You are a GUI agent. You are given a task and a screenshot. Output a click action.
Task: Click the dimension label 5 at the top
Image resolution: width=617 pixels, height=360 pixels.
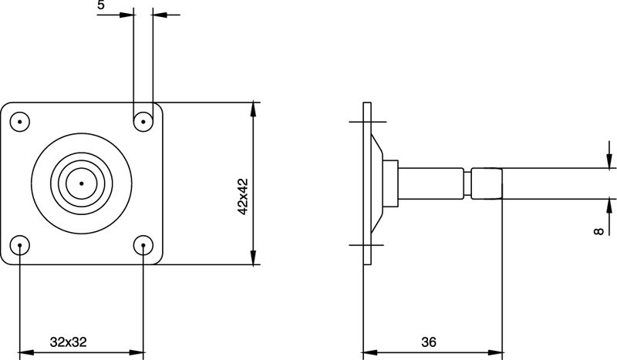[x=102, y=6]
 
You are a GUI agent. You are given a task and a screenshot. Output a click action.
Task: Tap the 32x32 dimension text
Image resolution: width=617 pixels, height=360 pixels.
[x=67, y=341]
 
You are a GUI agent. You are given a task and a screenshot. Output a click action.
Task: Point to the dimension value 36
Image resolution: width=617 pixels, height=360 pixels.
[x=430, y=341]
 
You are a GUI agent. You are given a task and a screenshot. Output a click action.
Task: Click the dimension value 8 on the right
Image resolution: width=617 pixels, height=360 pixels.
[x=599, y=230]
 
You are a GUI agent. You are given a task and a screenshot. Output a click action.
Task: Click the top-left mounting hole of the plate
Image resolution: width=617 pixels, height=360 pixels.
[x=19, y=121]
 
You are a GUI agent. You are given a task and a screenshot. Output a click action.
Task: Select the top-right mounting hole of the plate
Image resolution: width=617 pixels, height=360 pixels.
[x=143, y=121]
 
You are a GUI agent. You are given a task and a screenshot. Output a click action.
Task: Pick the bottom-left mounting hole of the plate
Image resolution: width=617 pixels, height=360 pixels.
[x=19, y=245]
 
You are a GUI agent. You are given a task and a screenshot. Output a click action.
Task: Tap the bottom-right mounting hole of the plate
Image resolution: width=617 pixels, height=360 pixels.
[x=143, y=245]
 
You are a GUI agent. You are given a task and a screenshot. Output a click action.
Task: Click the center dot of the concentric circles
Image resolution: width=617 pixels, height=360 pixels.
[x=81, y=183]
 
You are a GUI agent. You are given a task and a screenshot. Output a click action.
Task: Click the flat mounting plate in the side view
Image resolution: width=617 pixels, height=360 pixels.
[x=368, y=183]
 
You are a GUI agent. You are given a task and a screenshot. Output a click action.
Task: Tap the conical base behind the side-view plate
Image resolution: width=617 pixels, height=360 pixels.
[x=379, y=183]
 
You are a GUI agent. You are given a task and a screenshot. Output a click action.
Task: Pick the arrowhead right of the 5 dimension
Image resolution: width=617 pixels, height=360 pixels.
[x=159, y=14]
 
